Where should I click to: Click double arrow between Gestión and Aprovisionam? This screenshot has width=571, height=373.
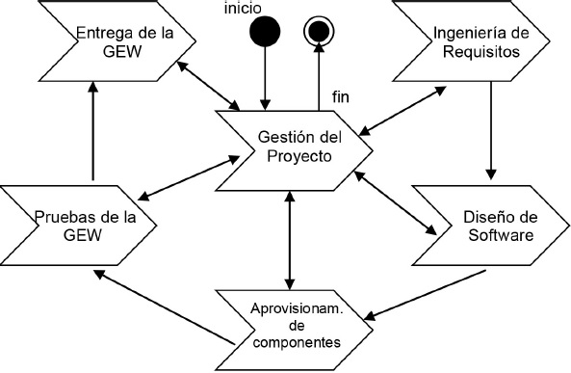(x=290, y=236)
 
